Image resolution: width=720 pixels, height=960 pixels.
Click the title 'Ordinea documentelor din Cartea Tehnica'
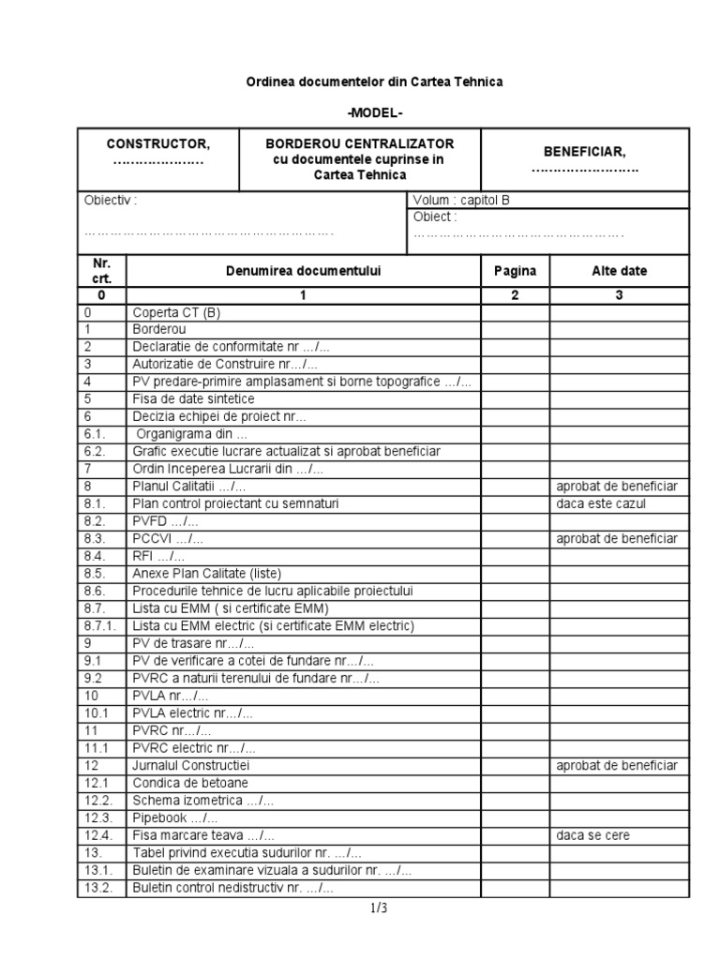(x=374, y=82)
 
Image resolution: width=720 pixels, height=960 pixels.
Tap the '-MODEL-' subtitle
(x=374, y=112)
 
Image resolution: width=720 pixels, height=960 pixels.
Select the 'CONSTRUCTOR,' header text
(x=158, y=143)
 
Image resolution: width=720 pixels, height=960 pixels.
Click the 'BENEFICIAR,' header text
(x=585, y=151)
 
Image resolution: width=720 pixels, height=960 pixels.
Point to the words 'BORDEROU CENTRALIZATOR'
(x=360, y=143)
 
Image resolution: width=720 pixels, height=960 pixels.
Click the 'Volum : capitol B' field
(x=461, y=201)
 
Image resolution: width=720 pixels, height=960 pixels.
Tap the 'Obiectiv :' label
(x=111, y=201)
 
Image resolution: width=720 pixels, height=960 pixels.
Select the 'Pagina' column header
(x=515, y=271)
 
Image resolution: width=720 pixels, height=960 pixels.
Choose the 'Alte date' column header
(x=619, y=271)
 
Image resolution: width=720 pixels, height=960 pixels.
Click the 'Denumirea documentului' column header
(x=303, y=271)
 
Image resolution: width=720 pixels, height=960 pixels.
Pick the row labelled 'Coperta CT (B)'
(x=176, y=313)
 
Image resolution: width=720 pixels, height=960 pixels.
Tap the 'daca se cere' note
(x=593, y=835)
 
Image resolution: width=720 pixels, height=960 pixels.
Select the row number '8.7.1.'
(x=99, y=625)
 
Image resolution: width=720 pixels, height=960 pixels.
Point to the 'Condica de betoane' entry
(x=190, y=783)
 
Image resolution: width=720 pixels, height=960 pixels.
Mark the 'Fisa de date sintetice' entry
(x=193, y=398)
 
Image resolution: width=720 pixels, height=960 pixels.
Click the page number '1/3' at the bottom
(x=379, y=907)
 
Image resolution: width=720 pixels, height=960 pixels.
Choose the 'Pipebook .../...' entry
(x=175, y=817)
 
